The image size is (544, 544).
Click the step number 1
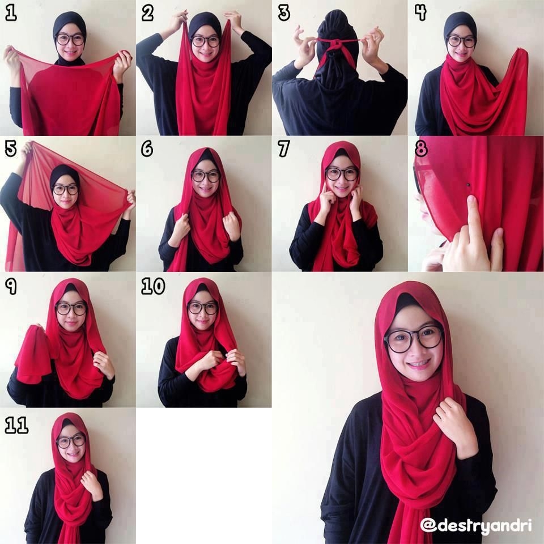[x=11, y=14]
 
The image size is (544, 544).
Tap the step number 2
[x=147, y=14]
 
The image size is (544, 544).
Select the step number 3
[x=284, y=14]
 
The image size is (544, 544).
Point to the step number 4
[x=420, y=14]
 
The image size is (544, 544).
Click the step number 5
[x=11, y=149]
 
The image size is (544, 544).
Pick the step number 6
[x=147, y=149]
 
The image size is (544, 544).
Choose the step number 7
[x=283, y=149]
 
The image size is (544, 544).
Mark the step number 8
[x=421, y=149]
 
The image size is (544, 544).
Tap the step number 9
[x=11, y=287]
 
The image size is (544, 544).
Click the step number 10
[x=153, y=287]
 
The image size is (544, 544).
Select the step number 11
[x=16, y=426]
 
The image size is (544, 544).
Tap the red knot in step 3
[x=336, y=45]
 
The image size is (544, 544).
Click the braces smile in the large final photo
[x=418, y=364]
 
